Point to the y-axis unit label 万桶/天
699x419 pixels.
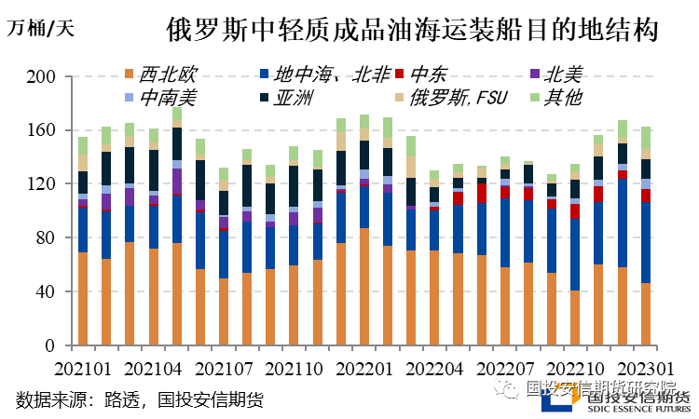(40, 27)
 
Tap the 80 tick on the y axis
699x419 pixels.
(48, 238)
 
